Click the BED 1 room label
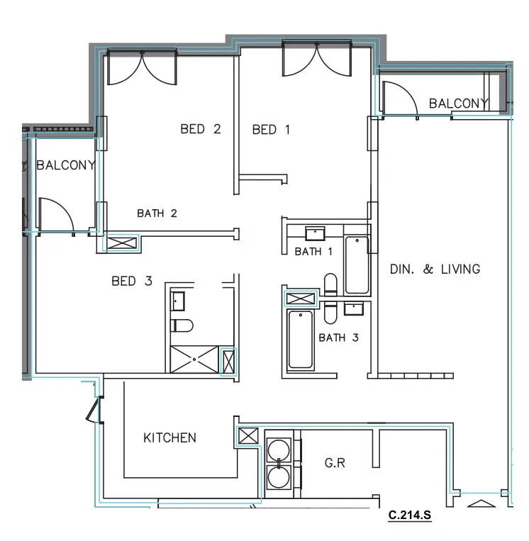271,129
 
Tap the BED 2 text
200,129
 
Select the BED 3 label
132,281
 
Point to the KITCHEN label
169,437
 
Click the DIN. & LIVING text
435,269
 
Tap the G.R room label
335,463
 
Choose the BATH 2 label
157,213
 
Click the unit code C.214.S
410,515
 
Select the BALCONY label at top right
458,104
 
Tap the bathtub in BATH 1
357,264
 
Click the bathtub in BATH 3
301,340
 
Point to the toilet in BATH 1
330,284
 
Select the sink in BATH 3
352,308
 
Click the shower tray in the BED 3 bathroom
195,359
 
